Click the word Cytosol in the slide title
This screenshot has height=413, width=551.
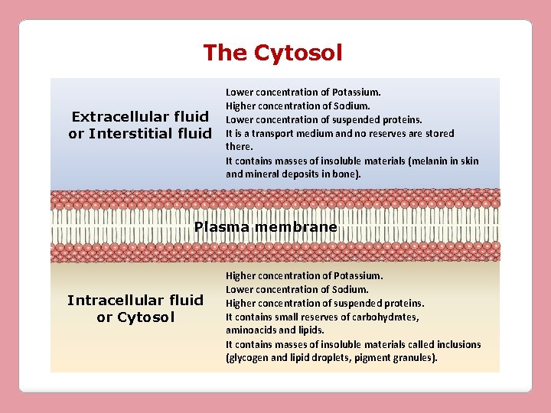[298, 53]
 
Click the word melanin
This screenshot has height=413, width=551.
[427, 161]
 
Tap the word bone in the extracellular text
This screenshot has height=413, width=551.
[342, 174]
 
